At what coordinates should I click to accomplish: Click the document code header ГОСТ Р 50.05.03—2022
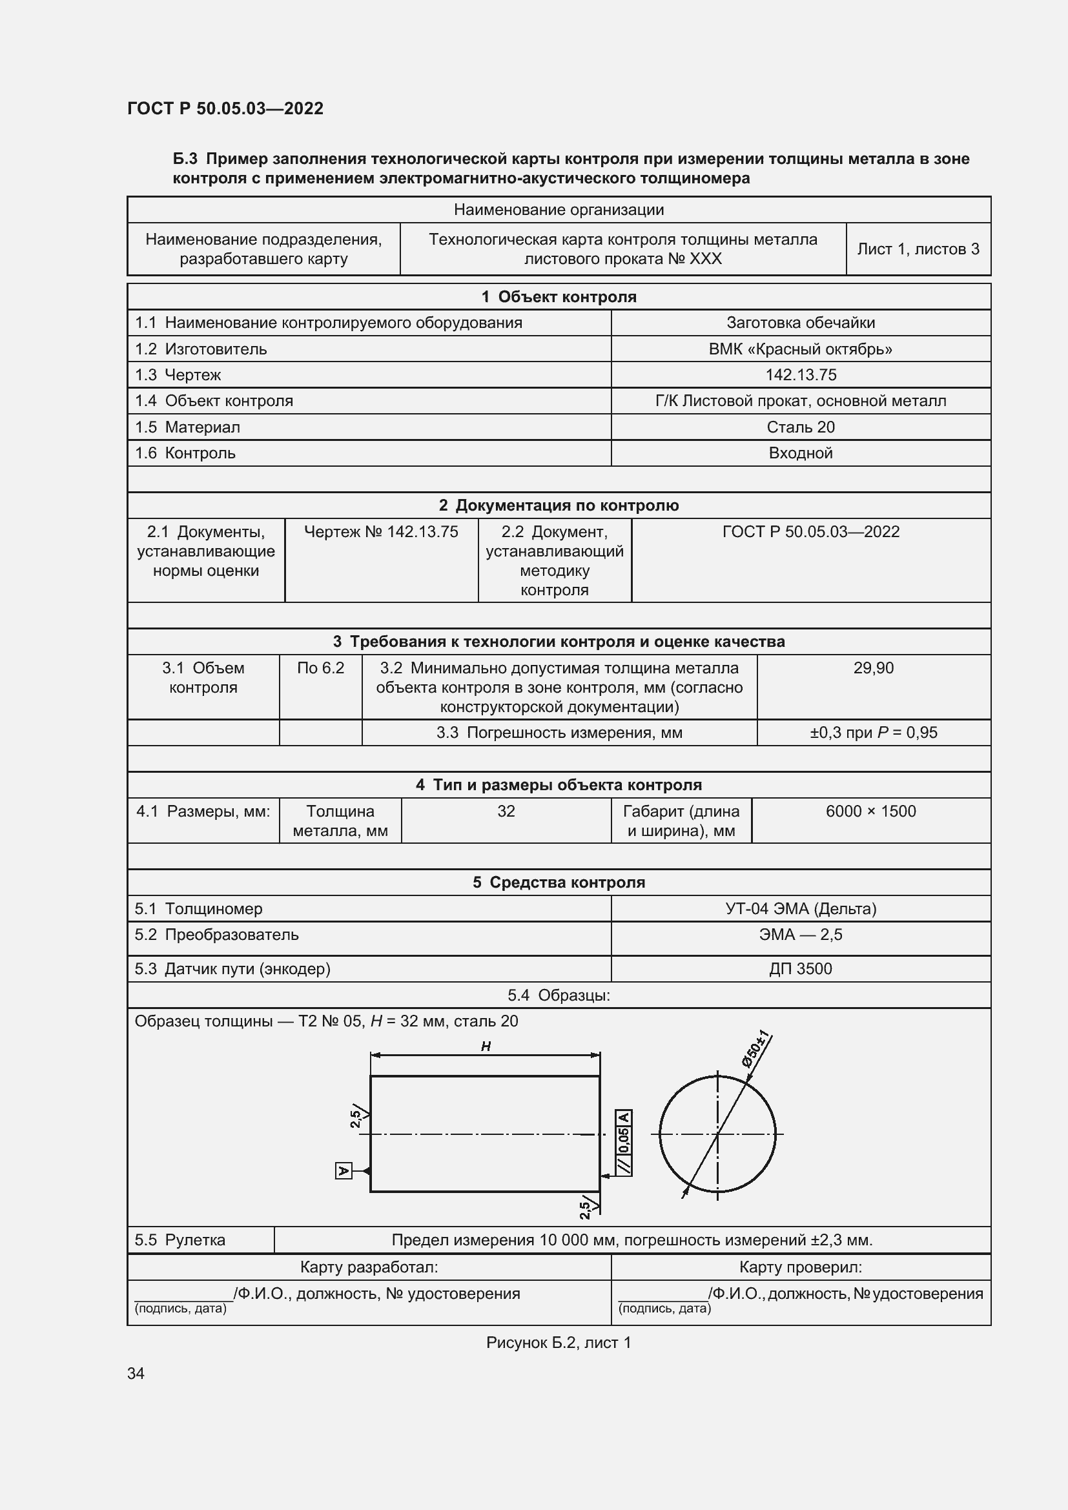225,108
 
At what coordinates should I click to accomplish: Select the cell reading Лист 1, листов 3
918,249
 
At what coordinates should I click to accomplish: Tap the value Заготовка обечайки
800,323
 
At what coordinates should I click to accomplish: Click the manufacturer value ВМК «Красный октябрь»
800,349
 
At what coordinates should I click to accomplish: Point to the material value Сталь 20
800,427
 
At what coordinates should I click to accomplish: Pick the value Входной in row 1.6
800,453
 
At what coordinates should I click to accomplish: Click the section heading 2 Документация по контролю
559,505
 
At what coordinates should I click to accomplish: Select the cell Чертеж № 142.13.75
381,532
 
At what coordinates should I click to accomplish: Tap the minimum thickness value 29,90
874,668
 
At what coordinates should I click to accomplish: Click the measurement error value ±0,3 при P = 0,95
874,733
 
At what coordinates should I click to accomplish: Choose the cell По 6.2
320,668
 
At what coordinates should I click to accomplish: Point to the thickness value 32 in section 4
506,811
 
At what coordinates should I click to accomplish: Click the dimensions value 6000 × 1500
870,811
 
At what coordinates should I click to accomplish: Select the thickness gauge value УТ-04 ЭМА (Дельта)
800,909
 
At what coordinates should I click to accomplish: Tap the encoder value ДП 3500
800,970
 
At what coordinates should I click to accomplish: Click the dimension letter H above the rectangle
486,1046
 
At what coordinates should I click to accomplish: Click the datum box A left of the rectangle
344,1171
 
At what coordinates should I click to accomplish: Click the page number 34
136,1374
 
